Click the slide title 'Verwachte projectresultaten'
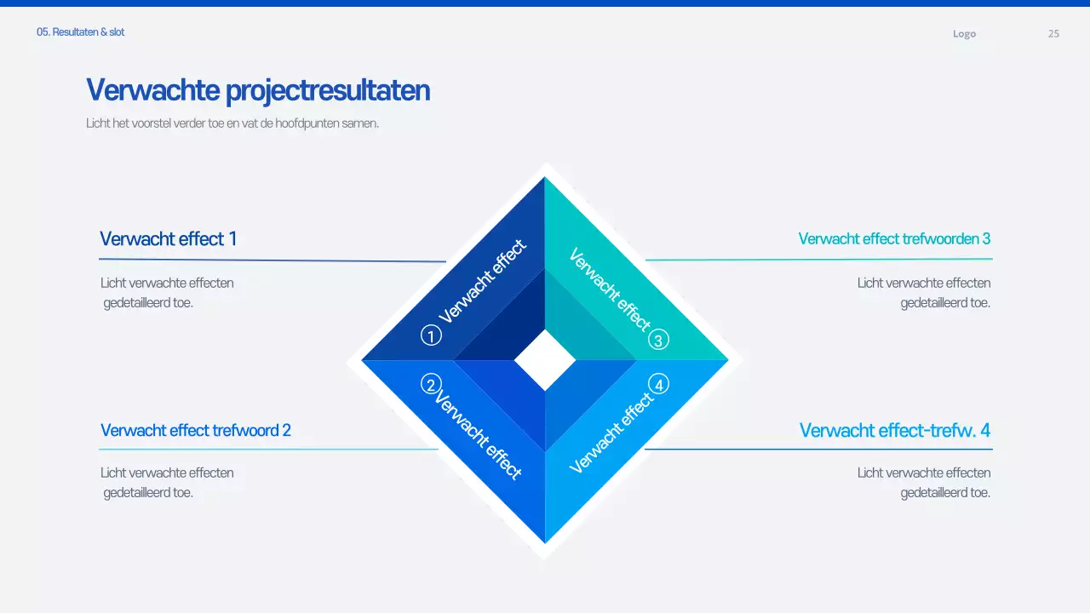258,90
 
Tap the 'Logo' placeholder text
964,34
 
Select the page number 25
1053,34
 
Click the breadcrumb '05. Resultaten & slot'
81,32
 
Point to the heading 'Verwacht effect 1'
168,239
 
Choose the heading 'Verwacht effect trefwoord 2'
196,431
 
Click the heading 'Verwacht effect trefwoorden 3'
894,239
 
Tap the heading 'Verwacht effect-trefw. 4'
894,431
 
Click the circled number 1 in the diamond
432,336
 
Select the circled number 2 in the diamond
432,385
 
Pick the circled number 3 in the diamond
658,341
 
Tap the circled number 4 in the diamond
658,385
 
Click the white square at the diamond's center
545,360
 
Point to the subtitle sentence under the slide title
232,123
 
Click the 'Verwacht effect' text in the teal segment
609,289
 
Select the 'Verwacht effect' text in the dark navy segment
483,282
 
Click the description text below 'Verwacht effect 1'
166,293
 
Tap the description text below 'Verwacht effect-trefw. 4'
924,483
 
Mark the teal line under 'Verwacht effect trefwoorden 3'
818,260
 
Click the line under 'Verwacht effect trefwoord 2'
268,450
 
